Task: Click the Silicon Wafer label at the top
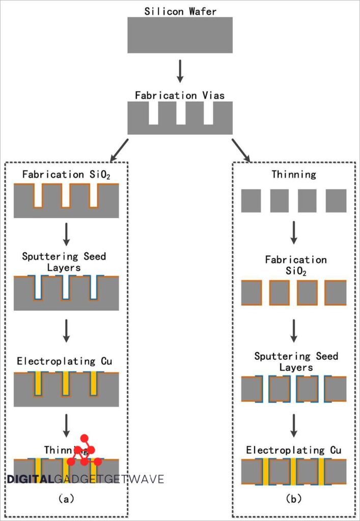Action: coord(180,10)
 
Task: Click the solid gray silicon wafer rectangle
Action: coord(180,35)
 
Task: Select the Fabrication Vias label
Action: coord(180,95)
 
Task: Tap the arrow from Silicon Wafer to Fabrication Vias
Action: coord(180,71)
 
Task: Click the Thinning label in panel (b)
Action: coord(293,175)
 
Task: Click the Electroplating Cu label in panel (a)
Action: coord(63,362)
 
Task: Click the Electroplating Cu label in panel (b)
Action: coord(293,450)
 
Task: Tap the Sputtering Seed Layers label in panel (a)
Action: coord(64,261)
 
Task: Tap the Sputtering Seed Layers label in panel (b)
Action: coord(296,361)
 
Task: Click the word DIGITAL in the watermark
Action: coord(30,479)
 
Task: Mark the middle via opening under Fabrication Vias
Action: coord(181,113)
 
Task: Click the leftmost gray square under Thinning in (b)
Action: coord(251,200)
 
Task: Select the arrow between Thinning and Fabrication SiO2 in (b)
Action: coord(293,232)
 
